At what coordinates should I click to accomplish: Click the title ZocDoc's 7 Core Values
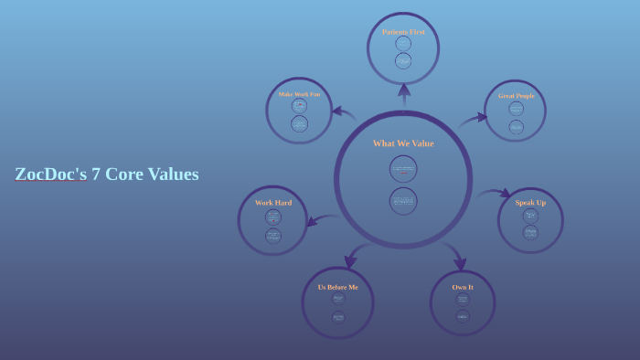[x=106, y=175]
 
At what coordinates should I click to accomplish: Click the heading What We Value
[x=403, y=143]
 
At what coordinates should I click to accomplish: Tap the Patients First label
[x=403, y=32]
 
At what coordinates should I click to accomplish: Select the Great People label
[x=517, y=96]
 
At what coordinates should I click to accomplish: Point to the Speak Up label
[x=530, y=203]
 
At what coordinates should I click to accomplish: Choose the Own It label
[x=463, y=287]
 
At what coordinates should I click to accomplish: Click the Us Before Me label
[x=338, y=287]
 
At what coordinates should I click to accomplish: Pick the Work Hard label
[x=273, y=203]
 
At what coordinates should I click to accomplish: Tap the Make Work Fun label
[x=299, y=94]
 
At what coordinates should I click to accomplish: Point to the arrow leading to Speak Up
[x=496, y=194]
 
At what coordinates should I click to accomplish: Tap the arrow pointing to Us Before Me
[x=353, y=255]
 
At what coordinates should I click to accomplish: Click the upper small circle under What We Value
[x=403, y=168]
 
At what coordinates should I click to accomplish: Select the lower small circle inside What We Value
[x=403, y=201]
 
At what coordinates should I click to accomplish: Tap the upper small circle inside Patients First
[x=403, y=44]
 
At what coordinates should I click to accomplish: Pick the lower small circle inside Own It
[x=463, y=316]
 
